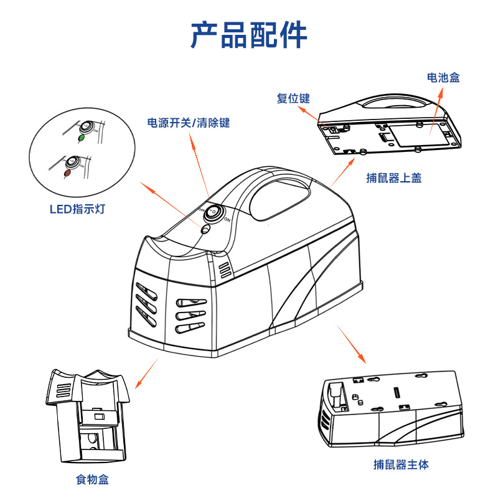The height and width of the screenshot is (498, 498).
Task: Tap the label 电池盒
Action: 443,78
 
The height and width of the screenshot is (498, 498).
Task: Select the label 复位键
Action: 293,98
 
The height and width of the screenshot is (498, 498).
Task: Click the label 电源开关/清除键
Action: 188,123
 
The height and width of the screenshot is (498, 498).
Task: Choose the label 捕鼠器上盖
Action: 394,179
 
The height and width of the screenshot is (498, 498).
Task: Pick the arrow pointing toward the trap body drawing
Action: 351,344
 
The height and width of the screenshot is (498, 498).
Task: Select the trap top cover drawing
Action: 389,125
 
